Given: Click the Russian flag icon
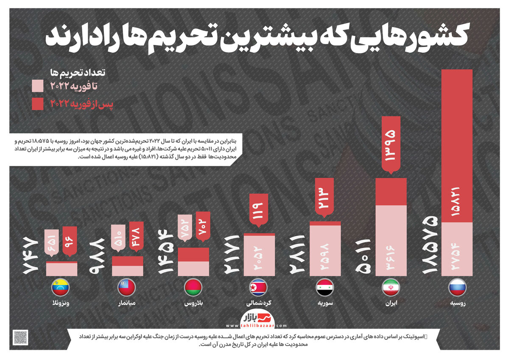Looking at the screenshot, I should click(x=457, y=288).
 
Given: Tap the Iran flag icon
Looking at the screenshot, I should click(x=391, y=288).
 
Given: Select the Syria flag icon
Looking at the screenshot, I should click(x=325, y=288).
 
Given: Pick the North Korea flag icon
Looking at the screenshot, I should click(x=259, y=288).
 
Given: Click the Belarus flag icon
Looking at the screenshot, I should click(x=193, y=288).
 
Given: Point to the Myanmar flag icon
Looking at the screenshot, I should click(x=127, y=288).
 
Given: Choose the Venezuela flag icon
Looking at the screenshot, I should click(x=61, y=288).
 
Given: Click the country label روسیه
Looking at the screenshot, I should click(x=457, y=304).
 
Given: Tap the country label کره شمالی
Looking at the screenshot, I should click(x=259, y=304).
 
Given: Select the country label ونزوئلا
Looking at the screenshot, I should click(x=61, y=304).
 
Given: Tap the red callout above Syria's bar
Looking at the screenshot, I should click(x=325, y=196).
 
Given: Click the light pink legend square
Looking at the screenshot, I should click(x=37, y=86).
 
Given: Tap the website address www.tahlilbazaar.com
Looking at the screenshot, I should click(x=256, y=326).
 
